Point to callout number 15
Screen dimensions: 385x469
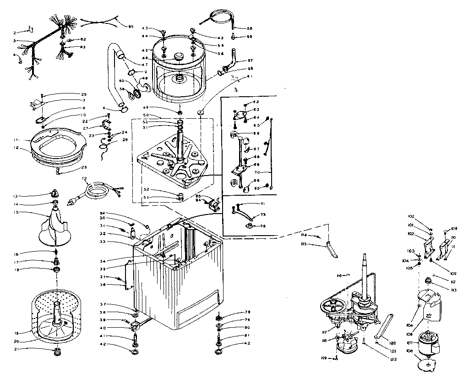(x=16, y=213)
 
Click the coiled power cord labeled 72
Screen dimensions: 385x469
(x=97, y=191)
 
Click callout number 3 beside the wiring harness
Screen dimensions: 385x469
(x=15, y=41)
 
